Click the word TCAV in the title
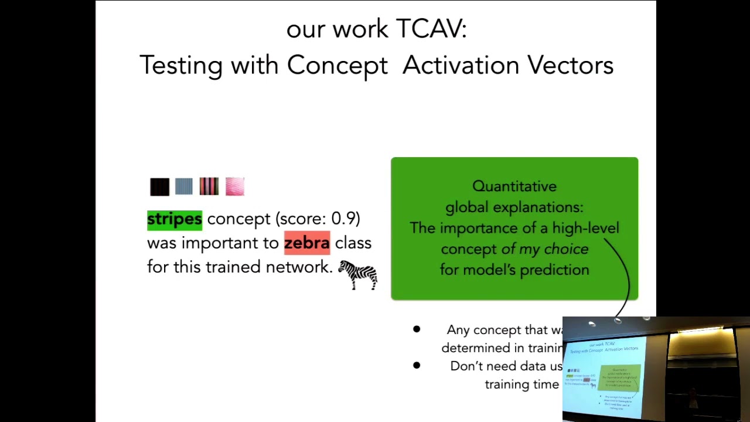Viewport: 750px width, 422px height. click(431, 29)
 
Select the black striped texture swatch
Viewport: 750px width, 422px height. click(159, 187)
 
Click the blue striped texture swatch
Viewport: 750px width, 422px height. click(183, 187)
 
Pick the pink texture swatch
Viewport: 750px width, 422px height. click(234, 187)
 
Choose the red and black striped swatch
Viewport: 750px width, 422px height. click(209, 186)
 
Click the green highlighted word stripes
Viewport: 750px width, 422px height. click(174, 219)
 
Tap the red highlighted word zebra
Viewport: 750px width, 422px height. click(306, 243)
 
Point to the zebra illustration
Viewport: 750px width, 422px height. click(358, 275)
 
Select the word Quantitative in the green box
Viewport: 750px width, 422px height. click(514, 186)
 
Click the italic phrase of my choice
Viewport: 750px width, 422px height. click(545, 249)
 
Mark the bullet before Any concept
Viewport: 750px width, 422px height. click(416, 329)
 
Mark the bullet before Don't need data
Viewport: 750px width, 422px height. click(416, 365)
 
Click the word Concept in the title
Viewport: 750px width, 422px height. click(337, 65)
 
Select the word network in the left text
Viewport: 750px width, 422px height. click(298, 267)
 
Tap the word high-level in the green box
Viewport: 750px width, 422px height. click(585, 228)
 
